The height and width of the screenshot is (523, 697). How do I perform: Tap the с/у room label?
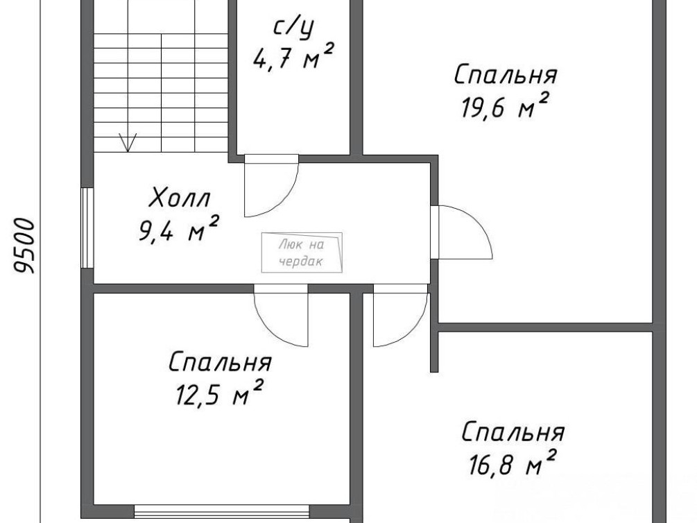tap(293, 28)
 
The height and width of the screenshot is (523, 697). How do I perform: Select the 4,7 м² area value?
tap(293, 56)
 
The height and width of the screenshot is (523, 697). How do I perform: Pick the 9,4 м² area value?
tap(179, 229)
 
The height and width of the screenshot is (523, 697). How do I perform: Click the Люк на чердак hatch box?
tap(302, 252)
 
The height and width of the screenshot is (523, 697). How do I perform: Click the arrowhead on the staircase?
tap(128, 143)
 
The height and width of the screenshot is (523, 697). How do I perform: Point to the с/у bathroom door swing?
tap(271, 185)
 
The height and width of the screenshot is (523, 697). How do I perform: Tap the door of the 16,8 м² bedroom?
tap(400, 316)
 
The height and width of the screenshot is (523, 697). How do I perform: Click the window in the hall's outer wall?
tap(87, 228)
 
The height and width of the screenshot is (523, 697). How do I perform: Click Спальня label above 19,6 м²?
tap(506, 75)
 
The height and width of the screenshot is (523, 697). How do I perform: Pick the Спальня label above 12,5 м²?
tap(220, 362)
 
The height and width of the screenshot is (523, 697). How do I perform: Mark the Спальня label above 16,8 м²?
tap(513, 432)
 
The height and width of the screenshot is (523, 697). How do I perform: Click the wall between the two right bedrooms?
tap(545, 327)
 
